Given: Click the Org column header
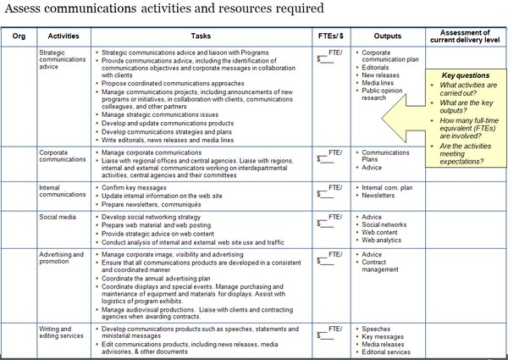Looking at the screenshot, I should tap(19, 36).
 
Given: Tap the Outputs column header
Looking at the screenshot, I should tap(387, 36).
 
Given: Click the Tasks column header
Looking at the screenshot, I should tap(200, 36).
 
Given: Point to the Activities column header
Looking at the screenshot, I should tap(63, 36).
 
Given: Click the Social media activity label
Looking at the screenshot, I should tap(58, 217).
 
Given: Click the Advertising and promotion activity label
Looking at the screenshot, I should tap(62, 258).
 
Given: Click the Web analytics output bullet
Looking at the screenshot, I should tap(383, 240).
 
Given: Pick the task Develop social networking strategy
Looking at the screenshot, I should tap(150, 217).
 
